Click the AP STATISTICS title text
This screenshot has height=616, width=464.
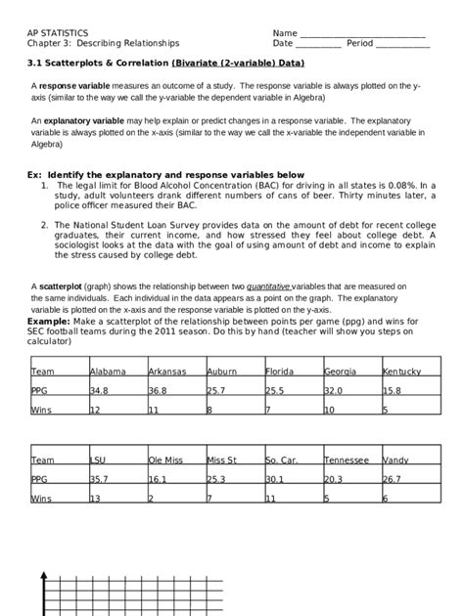[x=60, y=32]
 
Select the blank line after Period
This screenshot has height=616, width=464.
[x=402, y=45]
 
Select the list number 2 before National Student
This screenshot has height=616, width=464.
[x=45, y=223]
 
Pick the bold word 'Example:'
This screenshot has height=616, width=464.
[x=49, y=320]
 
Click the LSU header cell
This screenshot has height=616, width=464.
[x=99, y=460]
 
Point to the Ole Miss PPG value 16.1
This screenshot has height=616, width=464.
[x=159, y=480]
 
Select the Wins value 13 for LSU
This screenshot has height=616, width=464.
[x=96, y=499]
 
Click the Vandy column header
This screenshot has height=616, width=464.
[x=395, y=460]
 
